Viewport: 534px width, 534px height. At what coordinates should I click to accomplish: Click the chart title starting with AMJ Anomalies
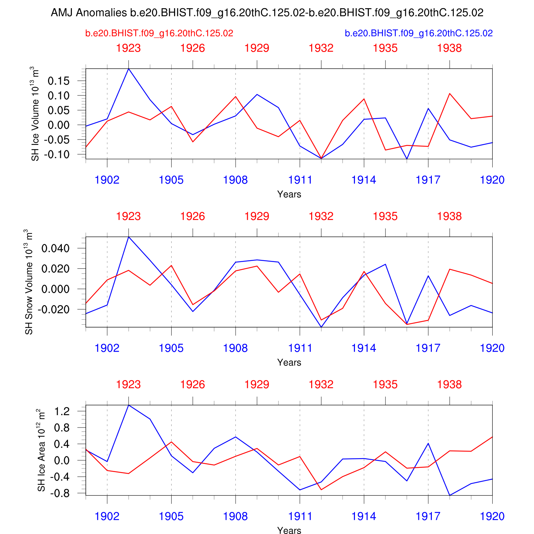267,13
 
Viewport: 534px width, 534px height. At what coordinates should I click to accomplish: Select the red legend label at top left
159,33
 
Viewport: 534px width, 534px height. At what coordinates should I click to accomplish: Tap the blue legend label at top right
419,33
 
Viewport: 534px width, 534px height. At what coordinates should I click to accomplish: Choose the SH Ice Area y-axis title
42,450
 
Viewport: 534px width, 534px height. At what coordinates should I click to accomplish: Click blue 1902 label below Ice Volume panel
107,180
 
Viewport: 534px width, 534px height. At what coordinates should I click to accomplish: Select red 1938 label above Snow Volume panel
449,216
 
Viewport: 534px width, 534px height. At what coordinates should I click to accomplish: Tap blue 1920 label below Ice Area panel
492,517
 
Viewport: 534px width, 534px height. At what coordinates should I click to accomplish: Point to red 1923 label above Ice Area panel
129,384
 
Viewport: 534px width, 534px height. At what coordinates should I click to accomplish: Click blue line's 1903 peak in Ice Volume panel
129,69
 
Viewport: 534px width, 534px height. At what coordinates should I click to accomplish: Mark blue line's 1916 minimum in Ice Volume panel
407,159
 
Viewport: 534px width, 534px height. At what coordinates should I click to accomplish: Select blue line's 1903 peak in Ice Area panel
129,405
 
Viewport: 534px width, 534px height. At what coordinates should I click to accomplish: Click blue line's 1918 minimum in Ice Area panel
450,495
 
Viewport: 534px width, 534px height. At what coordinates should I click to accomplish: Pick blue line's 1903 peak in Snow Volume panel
129,237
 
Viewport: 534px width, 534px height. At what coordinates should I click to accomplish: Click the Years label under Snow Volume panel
289,362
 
